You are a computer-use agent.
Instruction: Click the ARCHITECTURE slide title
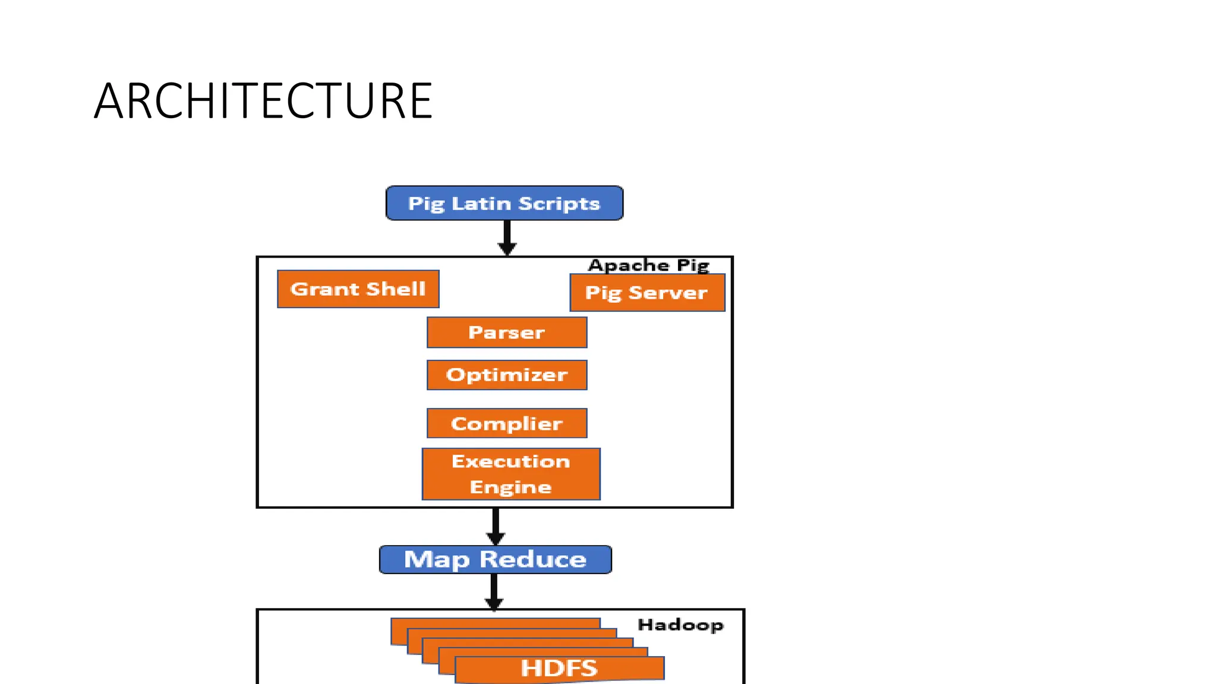(x=263, y=101)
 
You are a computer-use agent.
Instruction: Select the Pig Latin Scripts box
(x=505, y=203)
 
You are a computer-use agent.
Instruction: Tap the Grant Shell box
(x=358, y=289)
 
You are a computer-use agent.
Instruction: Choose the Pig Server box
(x=647, y=293)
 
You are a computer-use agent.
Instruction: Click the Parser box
(x=507, y=332)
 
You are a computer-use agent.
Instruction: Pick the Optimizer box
(x=507, y=375)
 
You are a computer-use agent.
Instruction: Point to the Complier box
(x=507, y=423)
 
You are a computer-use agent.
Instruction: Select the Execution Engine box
(x=511, y=474)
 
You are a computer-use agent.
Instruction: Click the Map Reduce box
(x=496, y=559)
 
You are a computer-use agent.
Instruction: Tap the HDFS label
(x=559, y=669)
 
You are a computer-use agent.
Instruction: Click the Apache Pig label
(x=649, y=265)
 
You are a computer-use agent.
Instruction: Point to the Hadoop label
(x=680, y=625)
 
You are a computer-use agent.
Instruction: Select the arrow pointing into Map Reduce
(x=496, y=527)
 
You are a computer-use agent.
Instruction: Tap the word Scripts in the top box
(x=559, y=204)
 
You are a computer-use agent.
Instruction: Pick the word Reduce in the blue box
(x=533, y=559)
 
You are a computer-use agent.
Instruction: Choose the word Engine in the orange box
(x=511, y=487)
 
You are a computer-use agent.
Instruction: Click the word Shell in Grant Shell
(x=396, y=289)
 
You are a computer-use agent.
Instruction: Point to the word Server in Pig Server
(x=668, y=293)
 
